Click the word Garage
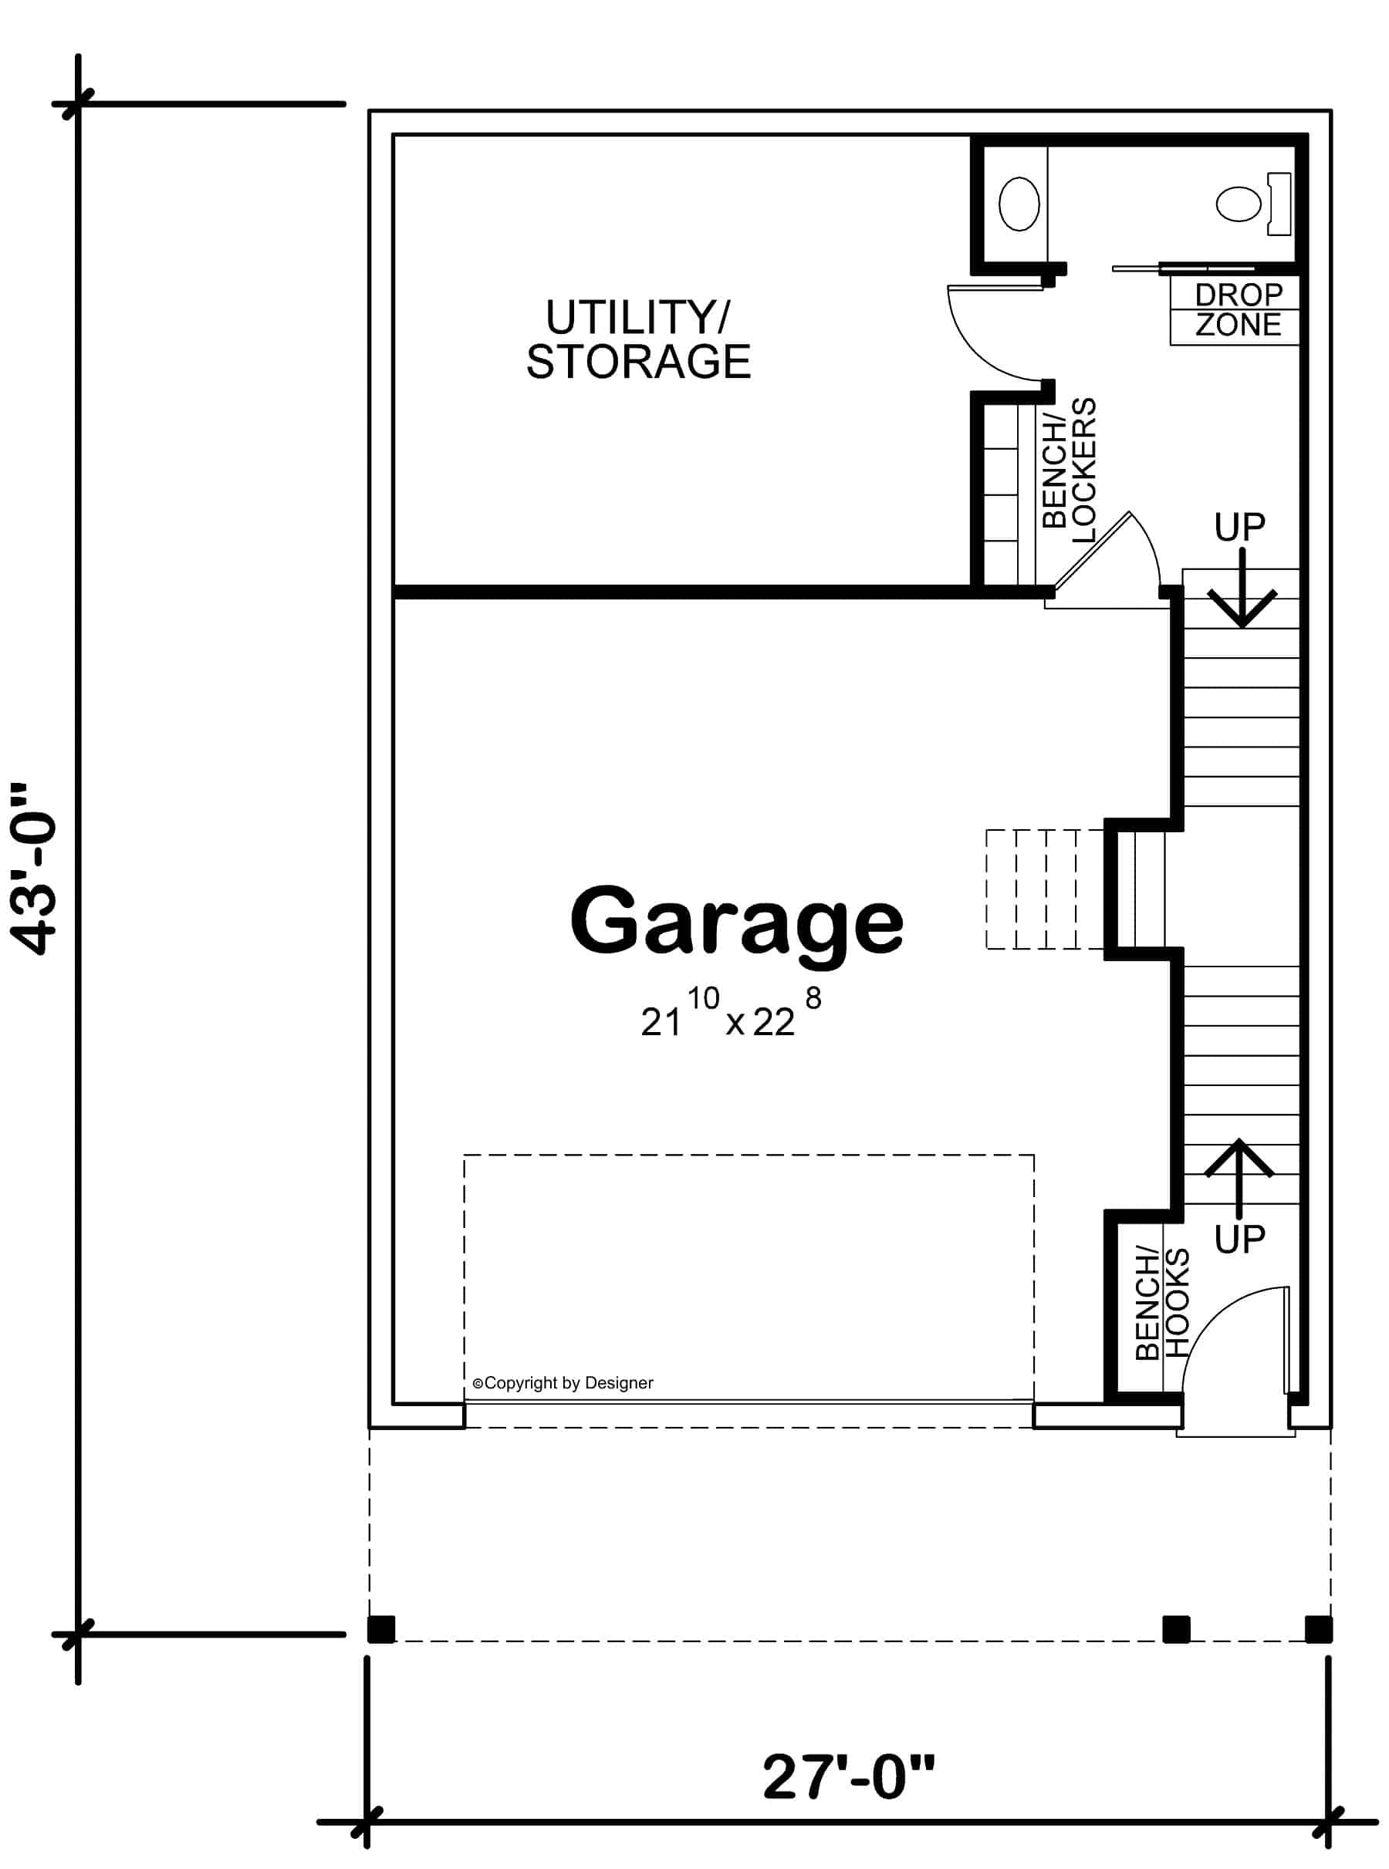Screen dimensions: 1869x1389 click(736, 923)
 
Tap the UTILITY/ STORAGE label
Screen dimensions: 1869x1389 click(638, 339)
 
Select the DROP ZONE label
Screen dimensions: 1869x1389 click(1238, 310)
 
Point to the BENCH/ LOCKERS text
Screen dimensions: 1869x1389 click(1070, 471)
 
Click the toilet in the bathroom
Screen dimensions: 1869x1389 click(1251, 204)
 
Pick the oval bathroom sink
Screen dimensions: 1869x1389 click(1019, 204)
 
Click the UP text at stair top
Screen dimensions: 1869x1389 click(1239, 528)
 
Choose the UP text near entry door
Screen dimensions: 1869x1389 click(1239, 1239)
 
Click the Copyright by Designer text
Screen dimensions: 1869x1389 click(563, 1382)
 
